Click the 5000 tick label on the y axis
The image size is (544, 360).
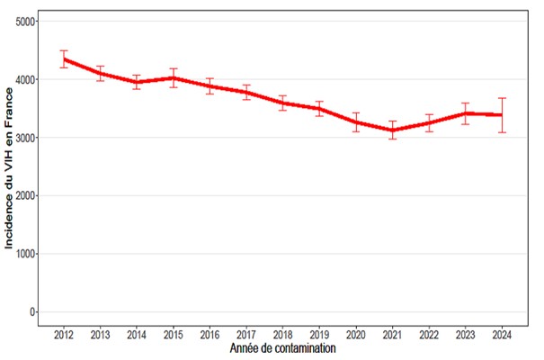26,21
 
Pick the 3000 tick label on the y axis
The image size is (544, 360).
26,138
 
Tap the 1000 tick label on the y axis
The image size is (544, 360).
26,254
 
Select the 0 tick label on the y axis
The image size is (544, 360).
34,312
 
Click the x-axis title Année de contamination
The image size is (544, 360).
282,348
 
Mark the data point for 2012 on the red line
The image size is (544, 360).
64,59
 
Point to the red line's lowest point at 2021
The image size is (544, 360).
392,130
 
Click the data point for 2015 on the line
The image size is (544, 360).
174,77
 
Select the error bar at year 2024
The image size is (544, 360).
502,114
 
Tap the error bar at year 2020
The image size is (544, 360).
356,121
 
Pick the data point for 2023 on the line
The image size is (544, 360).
465,113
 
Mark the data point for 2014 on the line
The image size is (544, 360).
137,82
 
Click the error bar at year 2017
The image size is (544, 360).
246,92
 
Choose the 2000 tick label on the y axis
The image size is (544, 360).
26,195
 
